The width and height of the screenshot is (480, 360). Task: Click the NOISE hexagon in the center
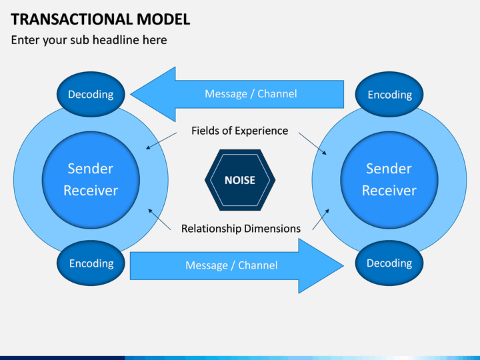click(x=240, y=180)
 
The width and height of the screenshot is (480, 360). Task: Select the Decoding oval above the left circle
click(x=91, y=94)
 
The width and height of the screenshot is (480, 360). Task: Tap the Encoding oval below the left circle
click(x=91, y=263)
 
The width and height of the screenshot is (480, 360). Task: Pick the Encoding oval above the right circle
click(x=389, y=94)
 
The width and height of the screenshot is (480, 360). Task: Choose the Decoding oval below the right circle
click(x=389, y=263)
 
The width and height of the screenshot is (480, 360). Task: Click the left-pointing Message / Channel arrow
click(x=237, y=94)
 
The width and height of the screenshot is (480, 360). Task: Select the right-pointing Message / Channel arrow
click(x=237, y=266)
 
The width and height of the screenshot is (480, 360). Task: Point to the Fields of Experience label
click(x=240, y=131)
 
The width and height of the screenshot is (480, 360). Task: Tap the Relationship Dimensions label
click(x=241, y=229)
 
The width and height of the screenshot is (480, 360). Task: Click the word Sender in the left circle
click(x=91, y=169)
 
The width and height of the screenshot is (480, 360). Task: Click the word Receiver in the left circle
click(x=91, y=191)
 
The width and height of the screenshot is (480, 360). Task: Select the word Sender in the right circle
click(x=389, y=169)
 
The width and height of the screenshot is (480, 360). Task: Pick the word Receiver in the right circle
click(x=389, y=191)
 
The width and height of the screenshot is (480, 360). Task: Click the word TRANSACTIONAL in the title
click(x=71, y=19)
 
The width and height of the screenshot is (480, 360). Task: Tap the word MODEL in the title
click(x=163, y=19)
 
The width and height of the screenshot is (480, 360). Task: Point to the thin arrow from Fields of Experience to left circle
click(x=161, y=141)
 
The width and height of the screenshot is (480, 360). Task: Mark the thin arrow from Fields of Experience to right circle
click(x=313, y=143)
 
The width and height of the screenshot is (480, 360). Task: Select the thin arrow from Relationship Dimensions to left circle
click(x=159, y=219)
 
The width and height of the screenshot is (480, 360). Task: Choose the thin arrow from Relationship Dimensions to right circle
click(x=321, y=219)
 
